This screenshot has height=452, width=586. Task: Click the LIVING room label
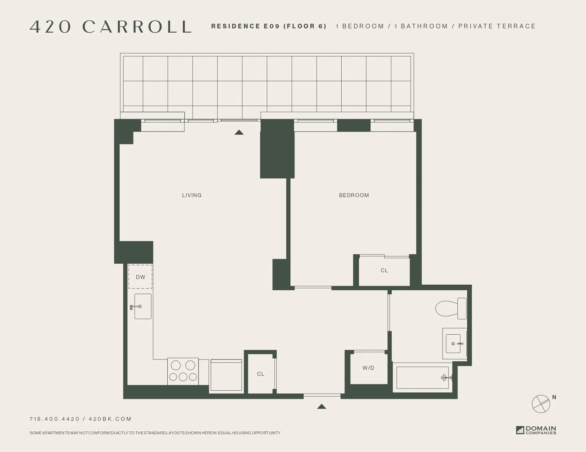coord(192,195)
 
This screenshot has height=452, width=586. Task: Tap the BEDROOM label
coord(354,195)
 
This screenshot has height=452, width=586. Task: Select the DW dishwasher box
coord(140,277)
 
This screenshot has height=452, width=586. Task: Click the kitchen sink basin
coord(143,306)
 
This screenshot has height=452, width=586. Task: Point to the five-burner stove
coord(183,371)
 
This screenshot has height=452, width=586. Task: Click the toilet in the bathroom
coord(450,308)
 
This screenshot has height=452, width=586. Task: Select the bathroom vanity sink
coord(454,344)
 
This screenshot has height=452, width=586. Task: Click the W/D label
coord(368,368)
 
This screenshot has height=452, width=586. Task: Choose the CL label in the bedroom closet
coord(384,270)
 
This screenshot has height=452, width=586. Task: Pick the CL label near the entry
coord(261,374)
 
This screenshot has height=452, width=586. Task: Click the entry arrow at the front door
coord(321,406)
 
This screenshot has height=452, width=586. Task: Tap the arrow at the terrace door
coord(239,132)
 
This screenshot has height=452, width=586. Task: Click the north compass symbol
coord(541,403)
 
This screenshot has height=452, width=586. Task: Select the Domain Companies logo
coord(536,430)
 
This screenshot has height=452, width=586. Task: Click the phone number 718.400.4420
coord(55,419)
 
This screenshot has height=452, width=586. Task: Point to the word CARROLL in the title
coord(137,27)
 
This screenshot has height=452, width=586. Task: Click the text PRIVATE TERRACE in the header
coord(497,26)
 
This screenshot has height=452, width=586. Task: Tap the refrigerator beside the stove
coord(226,375)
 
